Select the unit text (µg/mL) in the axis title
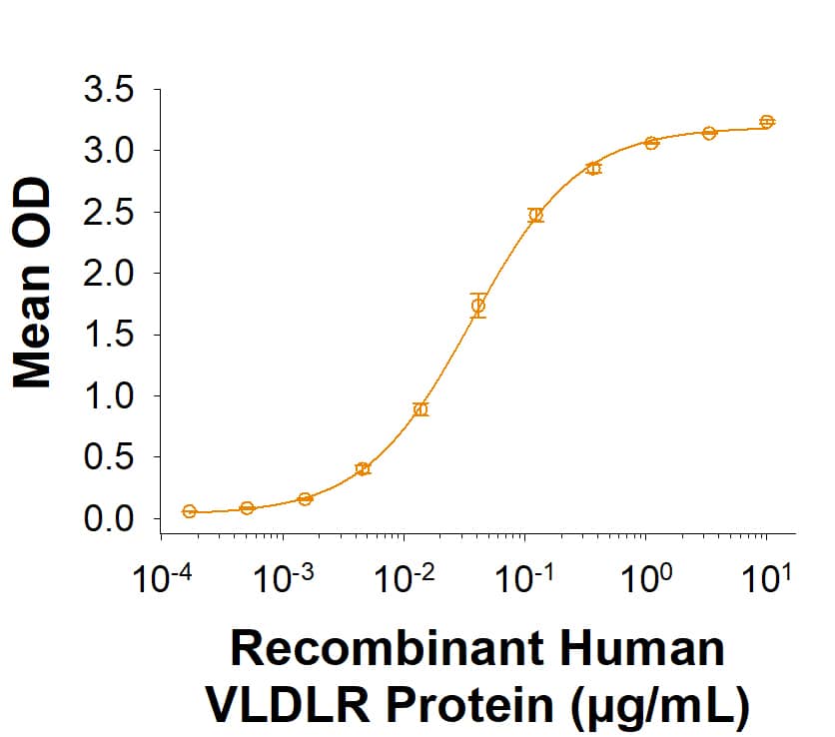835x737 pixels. [x=658, y=704]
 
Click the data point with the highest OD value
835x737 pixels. [x=767, y=122]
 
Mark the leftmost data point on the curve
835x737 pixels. [x=189, y=511]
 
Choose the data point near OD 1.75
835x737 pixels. [x=478, y=306]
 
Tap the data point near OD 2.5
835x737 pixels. [x=536, y=215]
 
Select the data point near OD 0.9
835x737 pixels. [x=420, y=409]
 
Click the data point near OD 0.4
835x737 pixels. [x=363, y=468]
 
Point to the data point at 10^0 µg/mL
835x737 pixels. [x=651, y=143]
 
